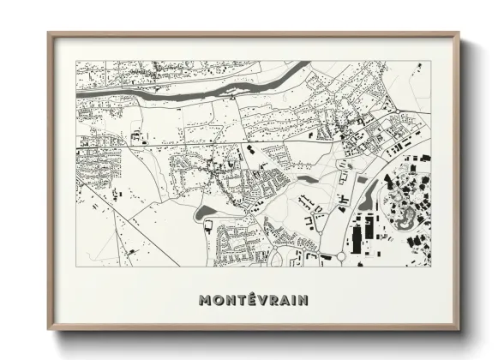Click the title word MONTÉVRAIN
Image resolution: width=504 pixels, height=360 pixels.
pyautogui.click(x=253, y=300)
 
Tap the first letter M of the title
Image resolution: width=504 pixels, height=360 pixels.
pyautogui.click(x=205, y=300)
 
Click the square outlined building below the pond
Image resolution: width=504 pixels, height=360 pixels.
pyautogui.click(x=207, y=226)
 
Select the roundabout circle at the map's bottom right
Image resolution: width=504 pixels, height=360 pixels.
pyautogui.click(x=340, y=255)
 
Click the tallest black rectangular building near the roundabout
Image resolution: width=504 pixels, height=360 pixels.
pyautogui.click(x=357, y=234)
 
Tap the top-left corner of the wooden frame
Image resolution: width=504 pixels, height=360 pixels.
pyautogui.click(x=49, y=34)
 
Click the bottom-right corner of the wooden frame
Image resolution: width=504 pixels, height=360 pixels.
pyautogui.click(x=459, y=330)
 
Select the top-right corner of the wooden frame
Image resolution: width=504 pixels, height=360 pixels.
pyautogui.click(x=459, y=34)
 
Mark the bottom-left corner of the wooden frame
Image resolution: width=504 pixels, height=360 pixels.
pyautogui.click(x=49, y=330)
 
